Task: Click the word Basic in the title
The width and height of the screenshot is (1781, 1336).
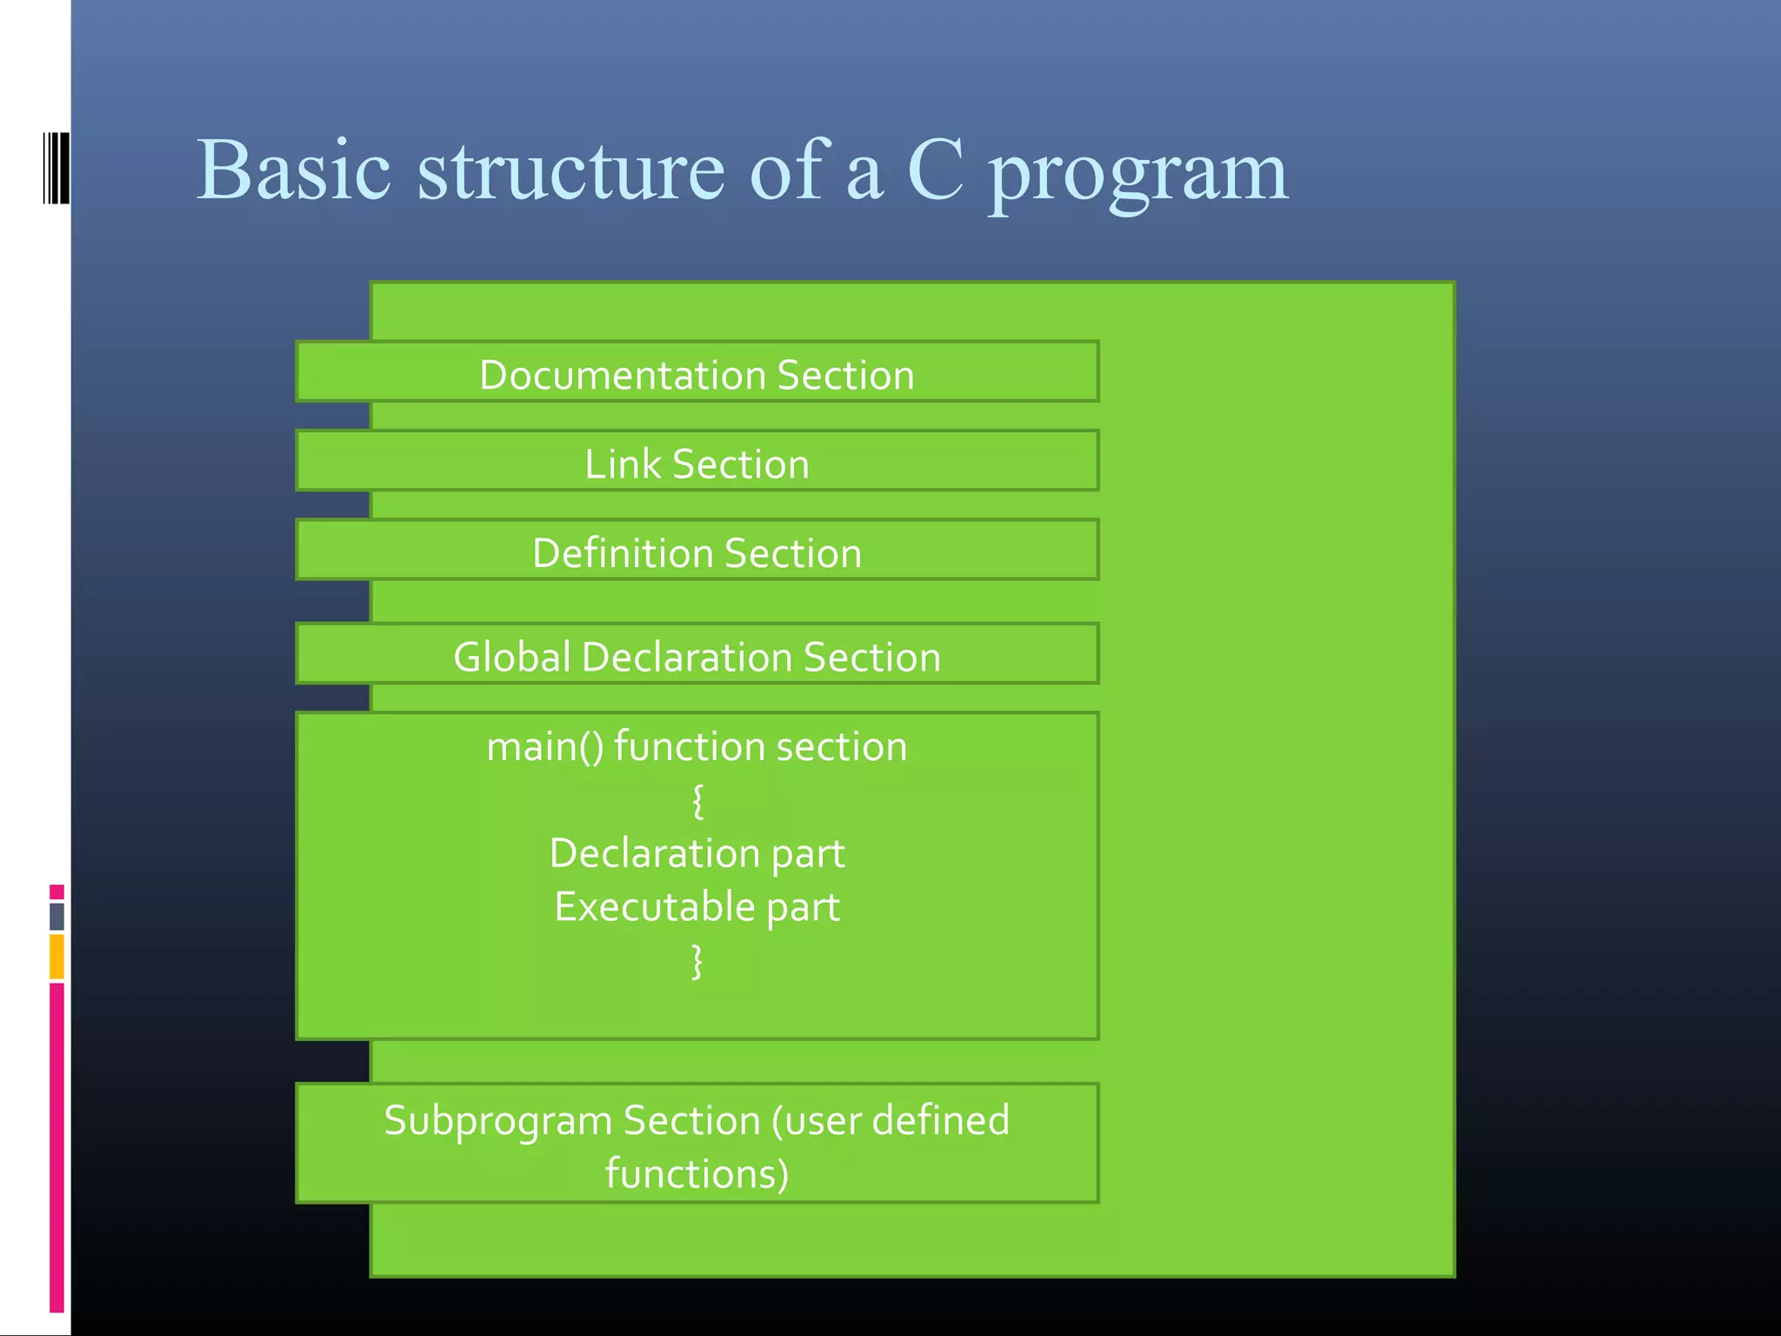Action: (x=293, y=170)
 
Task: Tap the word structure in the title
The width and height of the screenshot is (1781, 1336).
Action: (x=570, y=170)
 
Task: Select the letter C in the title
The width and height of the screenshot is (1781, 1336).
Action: (x=935, y=170)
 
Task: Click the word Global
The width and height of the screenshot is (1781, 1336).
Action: (x=512, y=657)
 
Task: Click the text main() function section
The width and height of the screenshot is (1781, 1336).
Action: (x=697, y=747)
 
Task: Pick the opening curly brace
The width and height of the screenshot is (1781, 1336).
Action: (x=697, y=800)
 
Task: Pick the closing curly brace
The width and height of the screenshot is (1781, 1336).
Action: (x=697, y=961)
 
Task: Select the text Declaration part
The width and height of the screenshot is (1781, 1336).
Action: (x=697, y=853)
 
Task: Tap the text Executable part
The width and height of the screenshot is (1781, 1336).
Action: (x=697, y=907)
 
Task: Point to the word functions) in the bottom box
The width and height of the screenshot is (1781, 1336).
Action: (x=697, y=1173)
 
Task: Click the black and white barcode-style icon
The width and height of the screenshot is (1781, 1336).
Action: (x=56, y=168)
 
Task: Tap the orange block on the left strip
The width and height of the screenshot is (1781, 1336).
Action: (x=57, y=956)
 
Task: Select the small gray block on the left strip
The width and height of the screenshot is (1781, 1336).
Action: (x=57, y=916)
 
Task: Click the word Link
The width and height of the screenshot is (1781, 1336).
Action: (x=623, y=464)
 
